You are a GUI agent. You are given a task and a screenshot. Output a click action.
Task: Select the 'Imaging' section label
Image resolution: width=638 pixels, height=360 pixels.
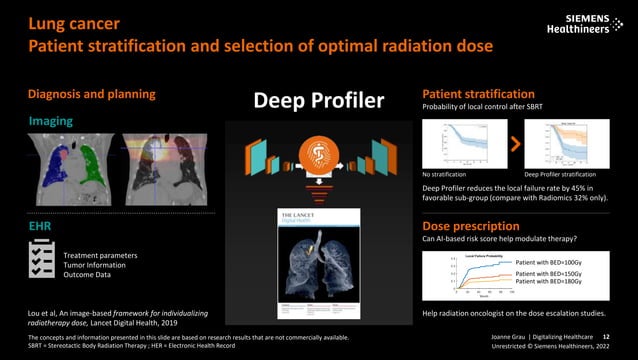tap(50, 121)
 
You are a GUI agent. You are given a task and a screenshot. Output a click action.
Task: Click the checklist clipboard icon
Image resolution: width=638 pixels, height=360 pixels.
tap(42, 261)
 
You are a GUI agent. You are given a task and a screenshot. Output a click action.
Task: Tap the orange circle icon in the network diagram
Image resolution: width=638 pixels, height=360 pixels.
tap(318, 154)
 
